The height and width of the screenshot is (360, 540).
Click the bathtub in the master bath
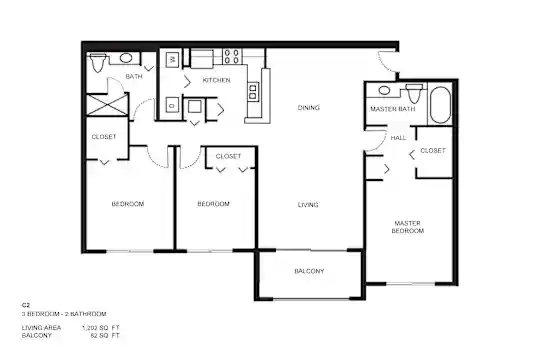(x=440, y=104)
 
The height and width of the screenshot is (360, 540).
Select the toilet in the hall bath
(x=97, y=62)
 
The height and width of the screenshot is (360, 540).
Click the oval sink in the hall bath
(x=125, y=58)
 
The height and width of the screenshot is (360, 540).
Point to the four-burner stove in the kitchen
(x=232, y=56)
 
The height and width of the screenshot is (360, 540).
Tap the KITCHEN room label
(x=216, y=80)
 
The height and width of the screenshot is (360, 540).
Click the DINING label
(x=309, y=108)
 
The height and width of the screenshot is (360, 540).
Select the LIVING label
(x=308, y=205)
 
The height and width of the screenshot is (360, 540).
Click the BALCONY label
(x=309, y=271)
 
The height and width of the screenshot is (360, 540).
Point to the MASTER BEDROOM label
(x=407, y=227)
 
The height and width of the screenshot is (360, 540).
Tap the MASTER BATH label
(x=393, y=109)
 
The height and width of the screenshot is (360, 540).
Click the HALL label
(x=398, y=138)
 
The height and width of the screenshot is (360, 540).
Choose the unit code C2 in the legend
(x=26, y=305)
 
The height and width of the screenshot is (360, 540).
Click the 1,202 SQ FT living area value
(x=101, y=328)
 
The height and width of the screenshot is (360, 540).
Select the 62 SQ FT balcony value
(x=105, y=336)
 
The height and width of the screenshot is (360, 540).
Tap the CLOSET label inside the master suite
(x=433, y=151)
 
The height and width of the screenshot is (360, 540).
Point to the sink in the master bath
(x=384, y=91)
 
